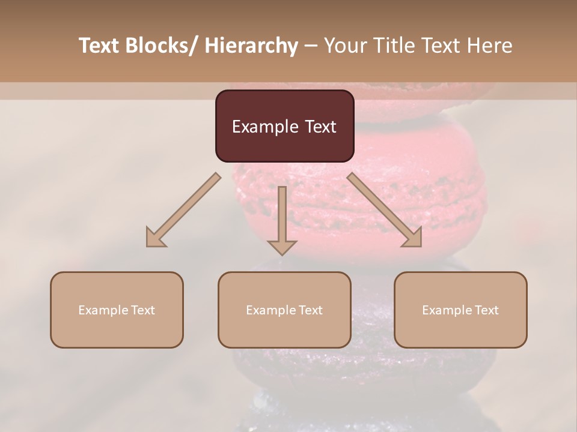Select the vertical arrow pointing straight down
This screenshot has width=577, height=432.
tap(282, 219)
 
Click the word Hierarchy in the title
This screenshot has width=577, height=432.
tap(251, 46)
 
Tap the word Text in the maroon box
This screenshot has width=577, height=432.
tap(320, 127)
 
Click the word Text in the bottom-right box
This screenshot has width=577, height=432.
tap(486, 310)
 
